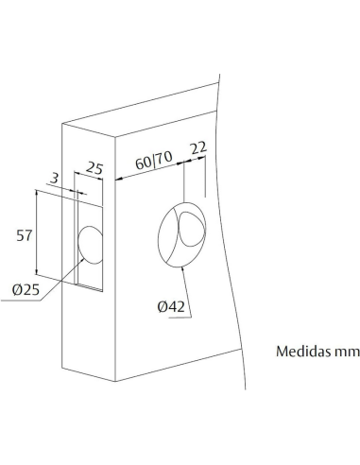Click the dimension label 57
pyautogui.click(x=26, y=235)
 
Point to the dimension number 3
pyautogui.click(x=56, y=176)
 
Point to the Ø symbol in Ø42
pyautogui.click(x=160, y=307)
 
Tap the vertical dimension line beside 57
pyautogui.click(x=37, y=232)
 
